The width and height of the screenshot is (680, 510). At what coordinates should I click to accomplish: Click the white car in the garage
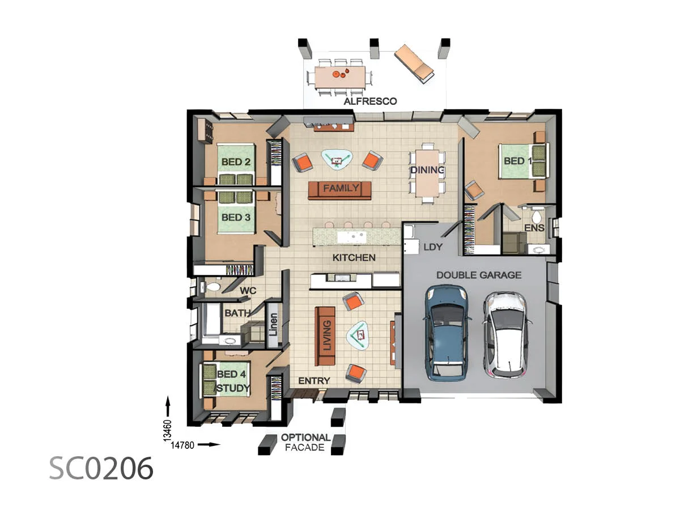[x=507, y=334]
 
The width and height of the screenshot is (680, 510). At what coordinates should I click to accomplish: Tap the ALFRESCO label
[x=371, y=101]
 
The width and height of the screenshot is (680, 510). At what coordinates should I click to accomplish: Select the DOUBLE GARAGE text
[x=479, y=275]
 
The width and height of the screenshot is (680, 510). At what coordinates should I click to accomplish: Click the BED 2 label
[x=236, y=162]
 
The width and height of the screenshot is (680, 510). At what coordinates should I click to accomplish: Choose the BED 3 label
[x=236, y=217]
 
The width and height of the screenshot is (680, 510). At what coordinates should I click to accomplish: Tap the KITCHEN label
[x=354, y=258]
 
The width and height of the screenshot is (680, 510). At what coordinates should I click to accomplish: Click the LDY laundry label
[x=433, y=247]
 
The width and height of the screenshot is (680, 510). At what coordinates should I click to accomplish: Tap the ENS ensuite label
[x=534, y=228]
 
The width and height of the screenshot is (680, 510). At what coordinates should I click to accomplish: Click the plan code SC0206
[x=101, y=468]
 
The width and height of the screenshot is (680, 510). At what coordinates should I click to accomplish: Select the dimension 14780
[x=182, y=445]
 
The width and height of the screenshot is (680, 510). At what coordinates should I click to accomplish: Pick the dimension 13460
[x=167, y=430]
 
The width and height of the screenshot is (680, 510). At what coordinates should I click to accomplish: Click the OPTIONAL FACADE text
[x=305, y=442]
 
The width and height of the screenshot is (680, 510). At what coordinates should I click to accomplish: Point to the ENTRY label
[x=314, y=381]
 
